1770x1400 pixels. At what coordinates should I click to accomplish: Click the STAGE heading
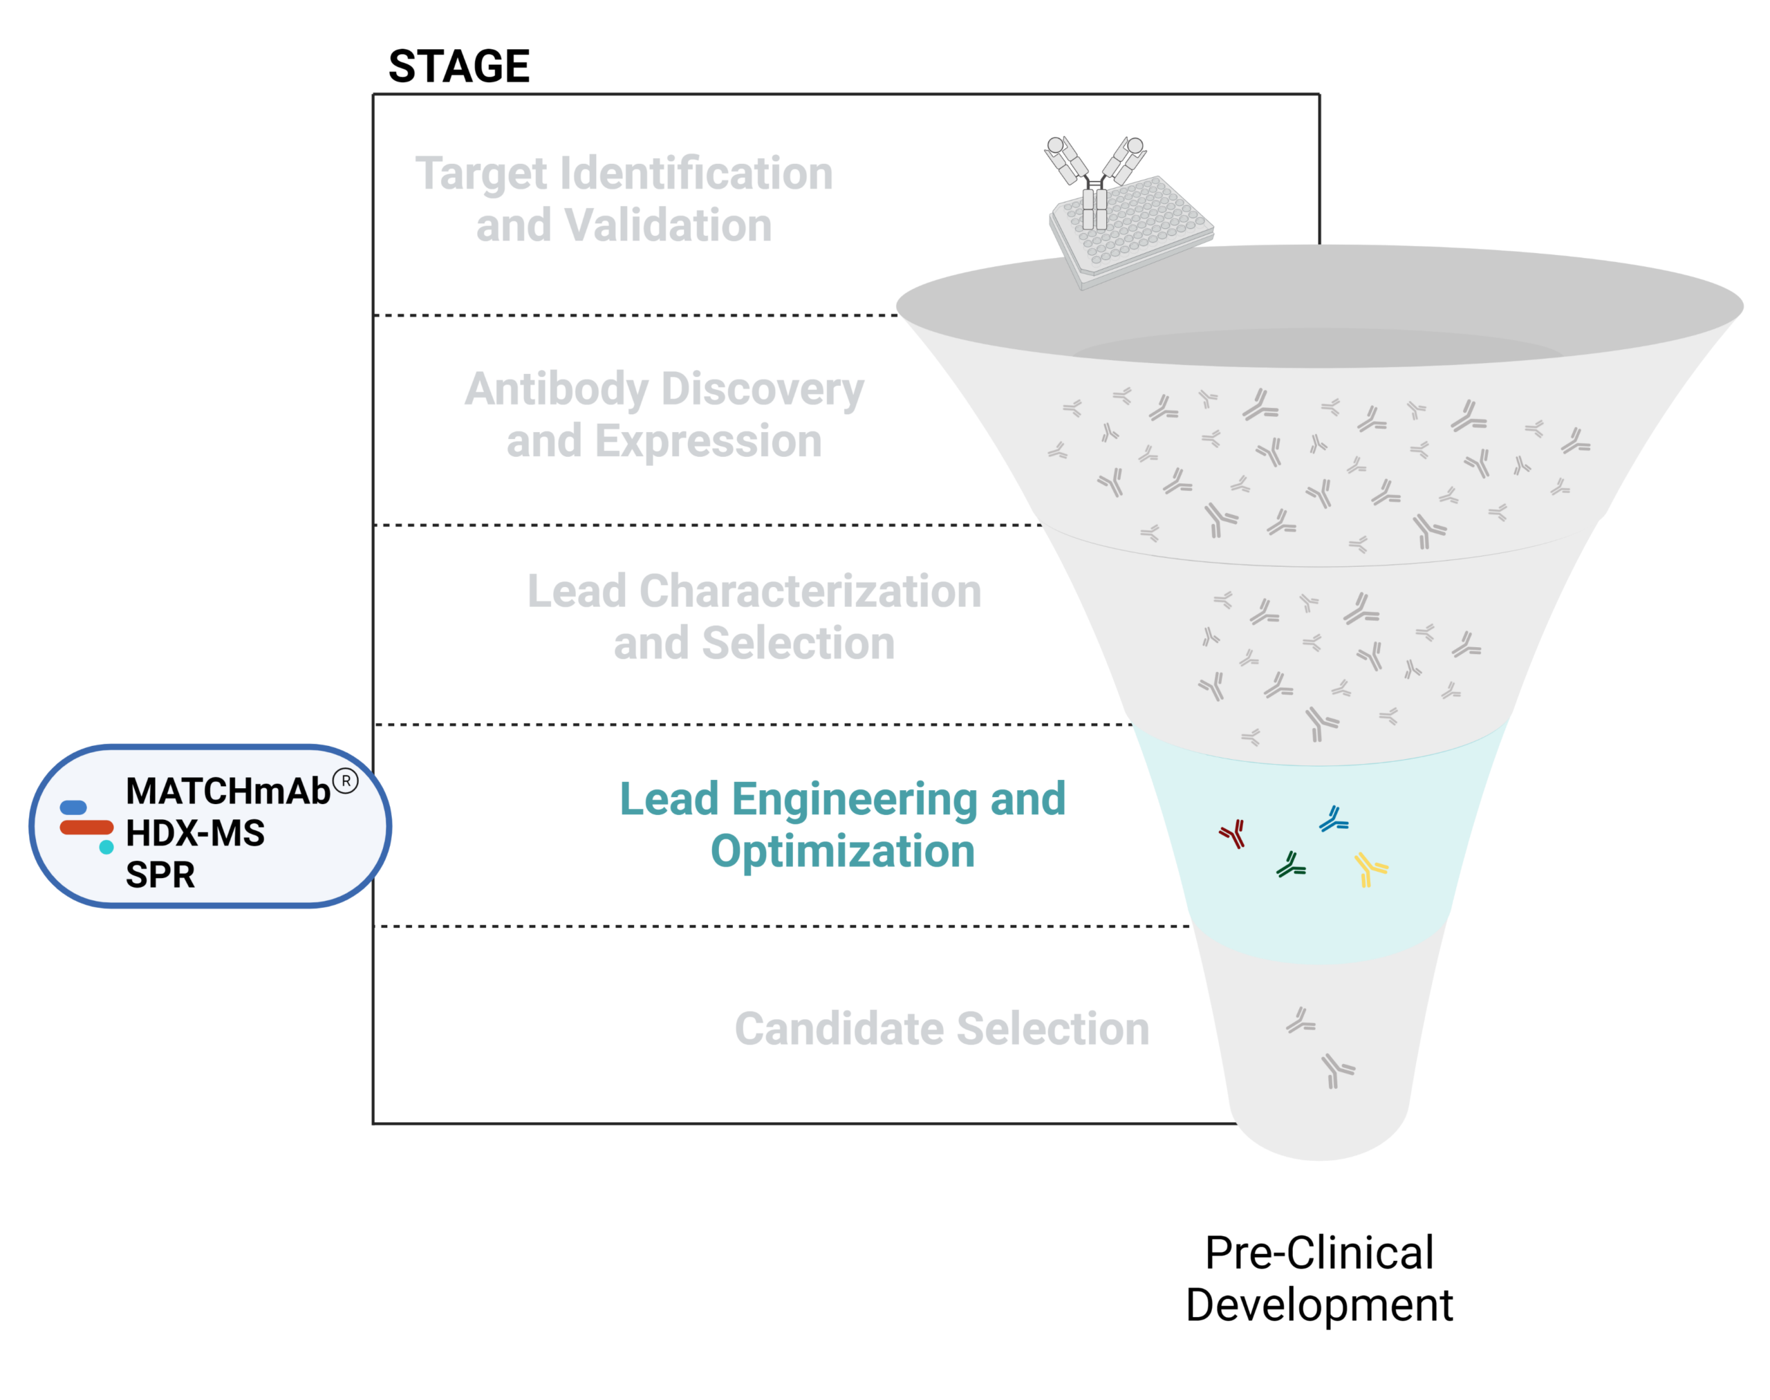[458, 66]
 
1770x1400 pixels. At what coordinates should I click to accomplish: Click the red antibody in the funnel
[1233, 834]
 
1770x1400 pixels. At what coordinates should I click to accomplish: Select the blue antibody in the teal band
[1334, 819]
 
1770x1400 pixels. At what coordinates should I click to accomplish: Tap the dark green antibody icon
[1292, 865]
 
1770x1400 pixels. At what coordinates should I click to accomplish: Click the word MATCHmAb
[228, 791]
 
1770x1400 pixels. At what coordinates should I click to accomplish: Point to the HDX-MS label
[195, 833]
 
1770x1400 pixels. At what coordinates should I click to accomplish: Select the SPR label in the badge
[160, 875]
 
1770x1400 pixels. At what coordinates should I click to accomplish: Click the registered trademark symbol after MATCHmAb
[345, 781]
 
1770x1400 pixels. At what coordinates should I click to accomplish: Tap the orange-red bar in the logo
[86, 827]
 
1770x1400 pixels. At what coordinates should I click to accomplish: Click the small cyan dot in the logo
[106, 847]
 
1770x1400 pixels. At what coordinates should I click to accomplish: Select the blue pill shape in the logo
[73, 808]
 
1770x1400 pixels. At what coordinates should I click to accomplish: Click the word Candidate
[838, 1028]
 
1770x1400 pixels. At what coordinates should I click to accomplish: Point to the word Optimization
[843, 852]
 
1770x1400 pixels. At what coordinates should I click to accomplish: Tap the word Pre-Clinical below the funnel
[1319, 1253]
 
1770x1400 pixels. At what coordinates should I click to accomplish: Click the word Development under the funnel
[1319, 1305]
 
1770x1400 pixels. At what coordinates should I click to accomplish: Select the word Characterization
[810, 591]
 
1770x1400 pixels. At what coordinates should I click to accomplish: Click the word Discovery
[763, 390]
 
